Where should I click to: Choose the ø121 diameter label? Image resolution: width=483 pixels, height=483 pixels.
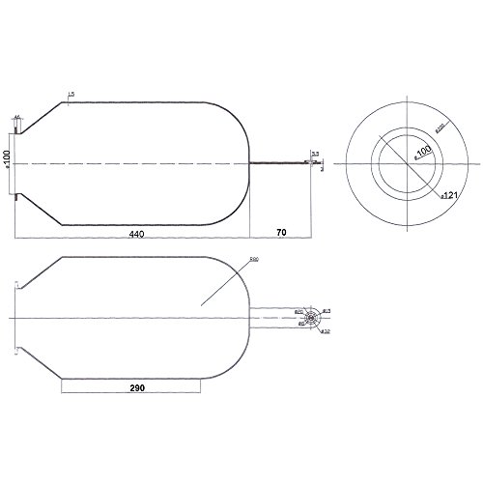pos(448,195)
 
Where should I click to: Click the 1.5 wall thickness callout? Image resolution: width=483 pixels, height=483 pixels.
pos(71,93)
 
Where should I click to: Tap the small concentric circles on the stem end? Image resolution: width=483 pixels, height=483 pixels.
pos(313,317)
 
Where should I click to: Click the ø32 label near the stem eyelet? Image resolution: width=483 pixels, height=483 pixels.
pos(326,331)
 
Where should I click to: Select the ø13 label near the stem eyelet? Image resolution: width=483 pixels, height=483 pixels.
pos(327,309)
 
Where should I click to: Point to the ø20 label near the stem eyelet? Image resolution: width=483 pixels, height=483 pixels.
pos(298,311)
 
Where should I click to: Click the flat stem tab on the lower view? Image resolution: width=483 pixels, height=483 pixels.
pos(275,317)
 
